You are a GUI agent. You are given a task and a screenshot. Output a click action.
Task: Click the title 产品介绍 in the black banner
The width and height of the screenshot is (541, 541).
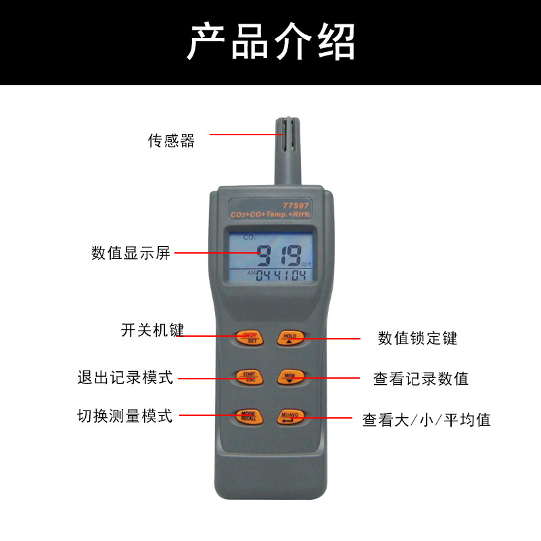pyautogui.click(x=270, y=42)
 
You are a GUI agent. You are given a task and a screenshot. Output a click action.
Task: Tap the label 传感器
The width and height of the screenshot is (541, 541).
pyautogui.click(x=171, y=141)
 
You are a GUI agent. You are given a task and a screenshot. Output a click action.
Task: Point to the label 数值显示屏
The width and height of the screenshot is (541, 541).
pyautogui.click(x=131, y=254)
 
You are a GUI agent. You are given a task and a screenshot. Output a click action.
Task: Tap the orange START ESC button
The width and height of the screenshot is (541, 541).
pyautogui.click(x=250, y=377)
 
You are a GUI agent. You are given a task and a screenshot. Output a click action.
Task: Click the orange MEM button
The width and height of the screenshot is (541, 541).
pyautogui.click(x=290, y=377)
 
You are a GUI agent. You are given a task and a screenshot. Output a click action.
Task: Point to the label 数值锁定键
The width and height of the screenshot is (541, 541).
pyautogui.click(x=417, y=338)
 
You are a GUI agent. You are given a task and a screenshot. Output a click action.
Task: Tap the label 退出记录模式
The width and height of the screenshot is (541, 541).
pyautogui.click(x=125, y=377)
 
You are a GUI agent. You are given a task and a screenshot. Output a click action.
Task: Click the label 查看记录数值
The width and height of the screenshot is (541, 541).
pyautogui.click(x=421, y=379)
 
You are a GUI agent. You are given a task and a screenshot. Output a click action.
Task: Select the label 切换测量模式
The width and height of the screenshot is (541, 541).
pyautogui.click(x=125, y=416)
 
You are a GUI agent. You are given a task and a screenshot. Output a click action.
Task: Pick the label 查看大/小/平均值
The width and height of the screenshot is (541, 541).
pyautogui.click(x=426, y=420)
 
